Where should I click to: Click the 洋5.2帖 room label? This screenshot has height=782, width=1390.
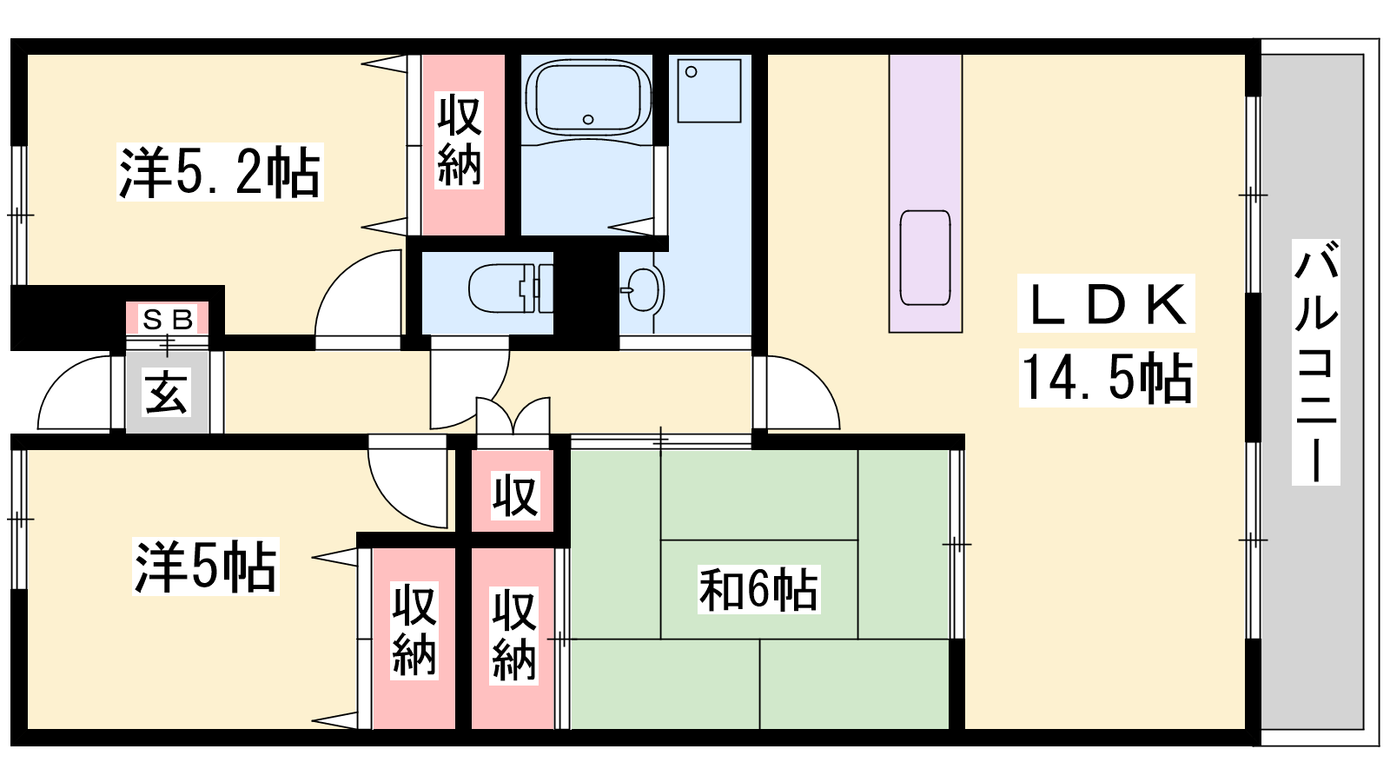pos(220,172)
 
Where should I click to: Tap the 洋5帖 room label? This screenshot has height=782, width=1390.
pos(205,567)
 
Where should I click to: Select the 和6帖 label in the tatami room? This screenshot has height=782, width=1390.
pos(758,589)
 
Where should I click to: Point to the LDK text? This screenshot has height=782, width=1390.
pos(1107,303)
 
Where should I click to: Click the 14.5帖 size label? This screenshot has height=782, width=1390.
pos(1107,377)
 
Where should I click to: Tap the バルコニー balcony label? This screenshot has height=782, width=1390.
pos(1315,361)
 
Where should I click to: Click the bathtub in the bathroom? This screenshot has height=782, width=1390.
pos(587,97)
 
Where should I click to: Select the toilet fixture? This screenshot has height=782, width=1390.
pos(510,288)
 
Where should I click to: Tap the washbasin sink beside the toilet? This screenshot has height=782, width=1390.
pos(643,289)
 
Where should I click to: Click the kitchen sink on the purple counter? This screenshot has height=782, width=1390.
pos(925,257)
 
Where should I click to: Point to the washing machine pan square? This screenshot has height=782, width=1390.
pos(709,90)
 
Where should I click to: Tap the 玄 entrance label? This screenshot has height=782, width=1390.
pos(166,391)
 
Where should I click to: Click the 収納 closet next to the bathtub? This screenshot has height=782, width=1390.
pos(463,144)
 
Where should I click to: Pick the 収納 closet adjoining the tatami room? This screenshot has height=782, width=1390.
pos(513,638)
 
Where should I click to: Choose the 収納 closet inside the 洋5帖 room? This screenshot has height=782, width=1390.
pos(414,638)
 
